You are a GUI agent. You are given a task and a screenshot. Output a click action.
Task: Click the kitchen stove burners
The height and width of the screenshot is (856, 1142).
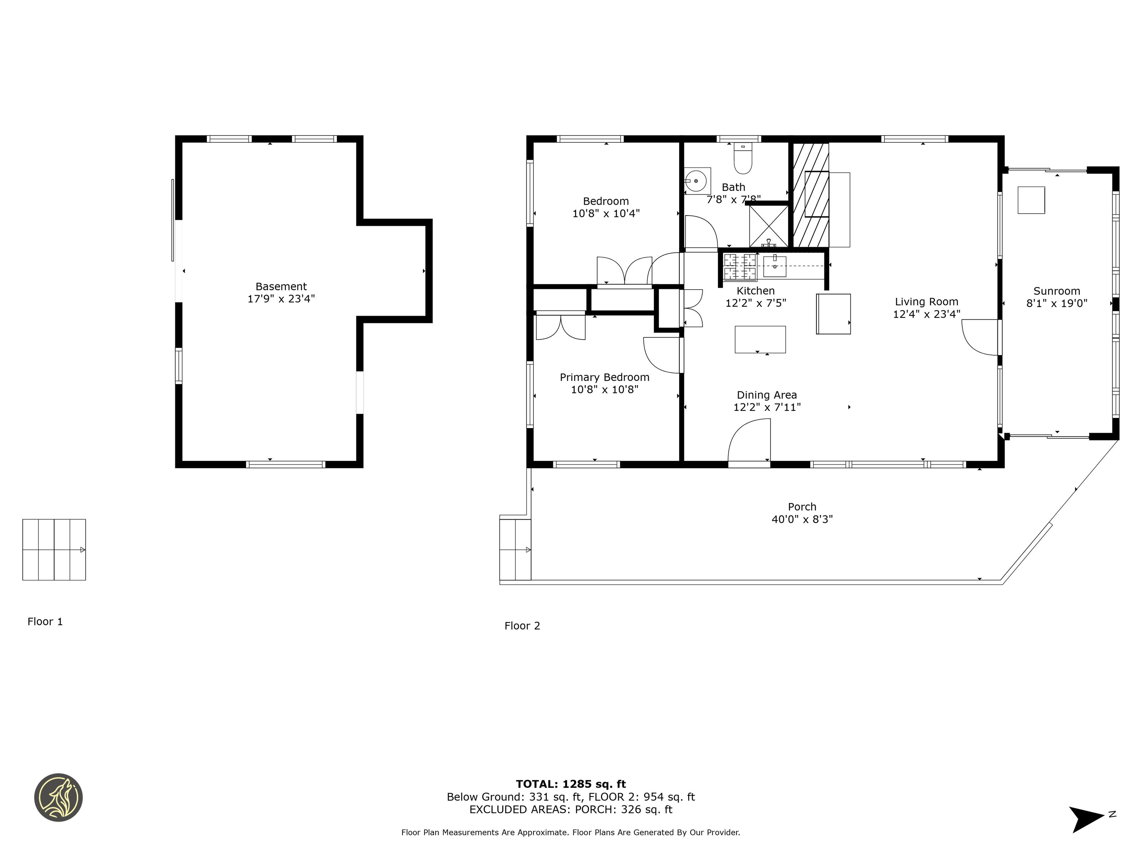(739, 267)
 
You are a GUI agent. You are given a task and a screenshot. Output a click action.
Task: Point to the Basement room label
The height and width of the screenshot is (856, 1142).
(281, 286)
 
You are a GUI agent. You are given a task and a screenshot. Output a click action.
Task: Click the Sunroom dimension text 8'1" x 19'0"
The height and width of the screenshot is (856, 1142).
(1057, 304)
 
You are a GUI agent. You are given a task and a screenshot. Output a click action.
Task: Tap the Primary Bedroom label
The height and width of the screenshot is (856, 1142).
(605, 377)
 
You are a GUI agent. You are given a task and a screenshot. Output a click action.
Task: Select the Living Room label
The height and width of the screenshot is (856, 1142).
(927, 302)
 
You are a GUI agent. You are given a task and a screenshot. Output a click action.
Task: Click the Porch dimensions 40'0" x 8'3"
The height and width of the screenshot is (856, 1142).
(802, 519)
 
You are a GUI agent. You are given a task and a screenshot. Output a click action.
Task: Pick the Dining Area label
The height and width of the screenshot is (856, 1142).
(767, 395)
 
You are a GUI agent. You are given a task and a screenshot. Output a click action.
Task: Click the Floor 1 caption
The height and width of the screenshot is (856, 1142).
(45, 621)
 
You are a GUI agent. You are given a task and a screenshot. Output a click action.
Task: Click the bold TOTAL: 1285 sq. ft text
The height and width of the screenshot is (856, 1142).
(571, 784)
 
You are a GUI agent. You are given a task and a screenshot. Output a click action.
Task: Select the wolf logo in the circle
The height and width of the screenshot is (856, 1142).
(58, 797)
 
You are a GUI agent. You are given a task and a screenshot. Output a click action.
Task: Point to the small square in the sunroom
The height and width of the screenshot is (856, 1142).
(1031, 200)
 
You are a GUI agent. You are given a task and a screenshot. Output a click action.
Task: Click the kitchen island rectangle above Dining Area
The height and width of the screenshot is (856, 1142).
(760, 340)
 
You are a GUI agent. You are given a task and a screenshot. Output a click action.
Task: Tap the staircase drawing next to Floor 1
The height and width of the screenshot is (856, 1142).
(54, 550)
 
